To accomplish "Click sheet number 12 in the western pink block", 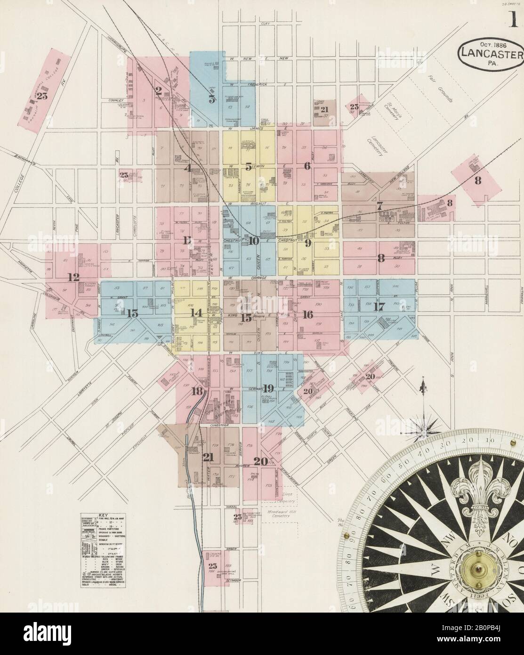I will [73, 277].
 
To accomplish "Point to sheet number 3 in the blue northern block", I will [212, 99].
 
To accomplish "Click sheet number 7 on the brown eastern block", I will [379, 205].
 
